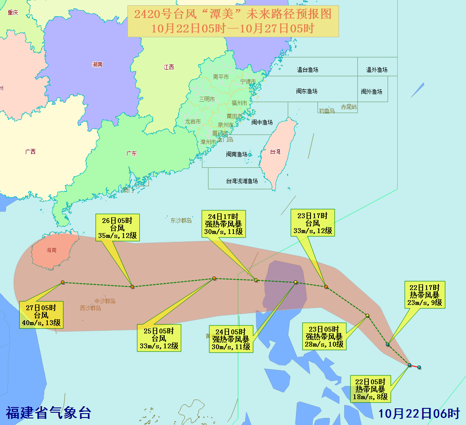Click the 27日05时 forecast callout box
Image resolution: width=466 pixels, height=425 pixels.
pos(41,315)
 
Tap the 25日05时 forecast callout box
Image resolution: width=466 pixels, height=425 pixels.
pos(159,338)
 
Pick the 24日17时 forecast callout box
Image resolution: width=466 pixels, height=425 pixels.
pos(223,224)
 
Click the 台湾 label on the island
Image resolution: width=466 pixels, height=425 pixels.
pos(275,152)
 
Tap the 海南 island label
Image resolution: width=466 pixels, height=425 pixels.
pos(51,251)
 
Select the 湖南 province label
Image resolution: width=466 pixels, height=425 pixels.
pos(97,64)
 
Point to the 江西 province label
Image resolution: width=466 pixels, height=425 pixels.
pos(169,67)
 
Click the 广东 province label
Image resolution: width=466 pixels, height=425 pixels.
pos(131,153)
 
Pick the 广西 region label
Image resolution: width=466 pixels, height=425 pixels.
pos(30,152)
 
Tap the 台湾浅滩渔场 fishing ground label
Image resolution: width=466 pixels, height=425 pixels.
pos(242,181)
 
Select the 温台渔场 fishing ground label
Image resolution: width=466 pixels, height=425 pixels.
pos(307,70)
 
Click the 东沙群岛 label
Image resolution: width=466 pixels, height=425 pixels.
pos(181,220)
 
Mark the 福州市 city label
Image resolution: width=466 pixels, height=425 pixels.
pos(239,103)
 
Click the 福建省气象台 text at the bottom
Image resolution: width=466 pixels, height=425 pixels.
pos(48,412)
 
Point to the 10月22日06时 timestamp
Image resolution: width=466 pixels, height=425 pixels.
pos(419,413)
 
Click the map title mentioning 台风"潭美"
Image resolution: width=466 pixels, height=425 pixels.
pos(233,21)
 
